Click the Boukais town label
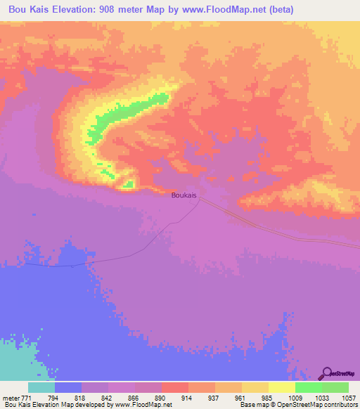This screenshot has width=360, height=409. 184,195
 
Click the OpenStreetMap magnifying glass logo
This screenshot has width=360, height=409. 327,373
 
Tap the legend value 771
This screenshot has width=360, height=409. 25,397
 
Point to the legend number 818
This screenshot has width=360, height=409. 82,397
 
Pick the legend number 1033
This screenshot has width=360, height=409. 321,397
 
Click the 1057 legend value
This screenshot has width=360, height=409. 348,397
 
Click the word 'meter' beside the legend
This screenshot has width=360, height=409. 10,397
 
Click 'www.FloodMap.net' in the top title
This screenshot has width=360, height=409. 226,10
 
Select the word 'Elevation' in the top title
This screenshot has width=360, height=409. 76,10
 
